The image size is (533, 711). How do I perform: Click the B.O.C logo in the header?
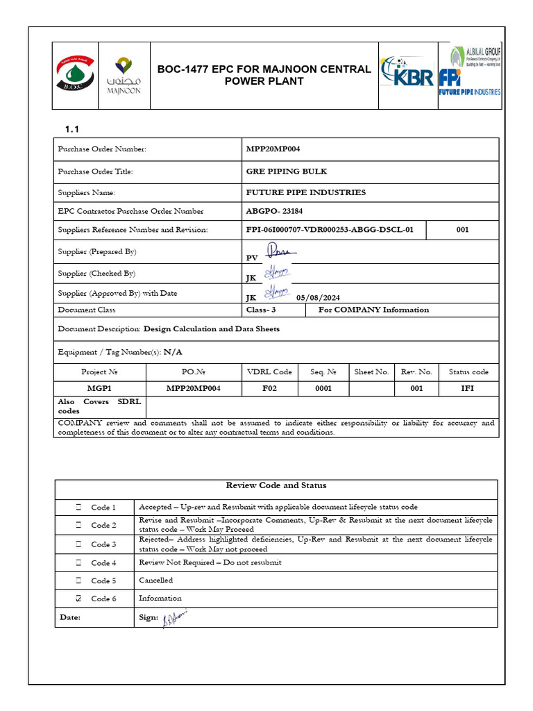pyautogui.click(x=76, y=75)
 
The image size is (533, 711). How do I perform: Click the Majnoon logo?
pyautogui.click(x=124, y=75)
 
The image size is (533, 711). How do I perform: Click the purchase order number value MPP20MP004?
pyautogui.click(x=273, y=149)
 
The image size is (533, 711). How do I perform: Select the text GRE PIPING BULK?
pyautogui.click(x=287, y=172)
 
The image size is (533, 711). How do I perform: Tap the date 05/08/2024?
pyautogui.click(x=318, y=298)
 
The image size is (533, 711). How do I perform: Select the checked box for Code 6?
pyautogui.click(x=78, y=599)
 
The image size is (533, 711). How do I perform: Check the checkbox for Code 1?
pyautogui.click(x=78, y=508)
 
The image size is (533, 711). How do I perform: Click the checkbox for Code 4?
pyautogui.click(x=78, y=562)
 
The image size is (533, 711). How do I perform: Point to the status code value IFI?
pyautogui.click(x=468, y=389)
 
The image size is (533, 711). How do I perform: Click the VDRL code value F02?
pyautogui.click(x=269, y=389)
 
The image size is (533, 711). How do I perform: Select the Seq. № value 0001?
pyautogui.click(x=323, y=389)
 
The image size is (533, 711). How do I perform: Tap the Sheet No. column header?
pyautogui.click(x=371, y=372)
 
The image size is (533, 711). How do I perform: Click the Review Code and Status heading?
pyautogui.click(x=276, y=486)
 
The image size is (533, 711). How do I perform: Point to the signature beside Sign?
pyautogui.click(x=176, y=617)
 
